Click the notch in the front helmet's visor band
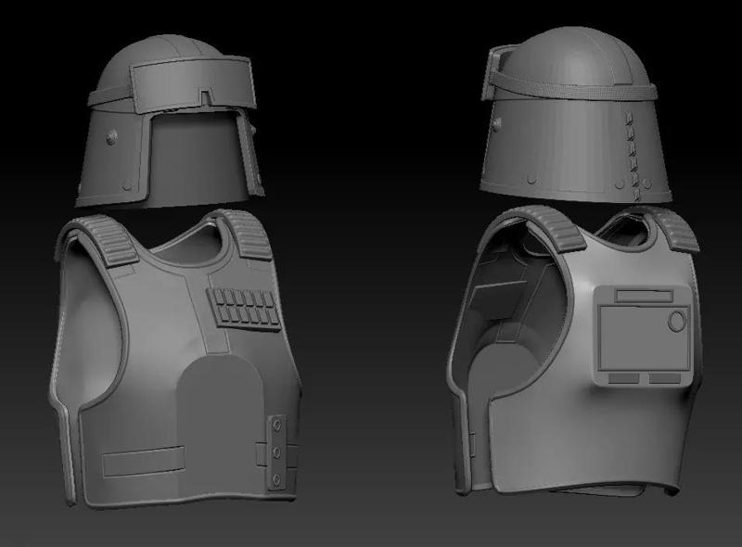click(x=205, y=95)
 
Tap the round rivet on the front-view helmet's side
click(x=111, y=137)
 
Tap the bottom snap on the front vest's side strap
click(x=277, y=478)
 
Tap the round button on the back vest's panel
click(x=677, y=321)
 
